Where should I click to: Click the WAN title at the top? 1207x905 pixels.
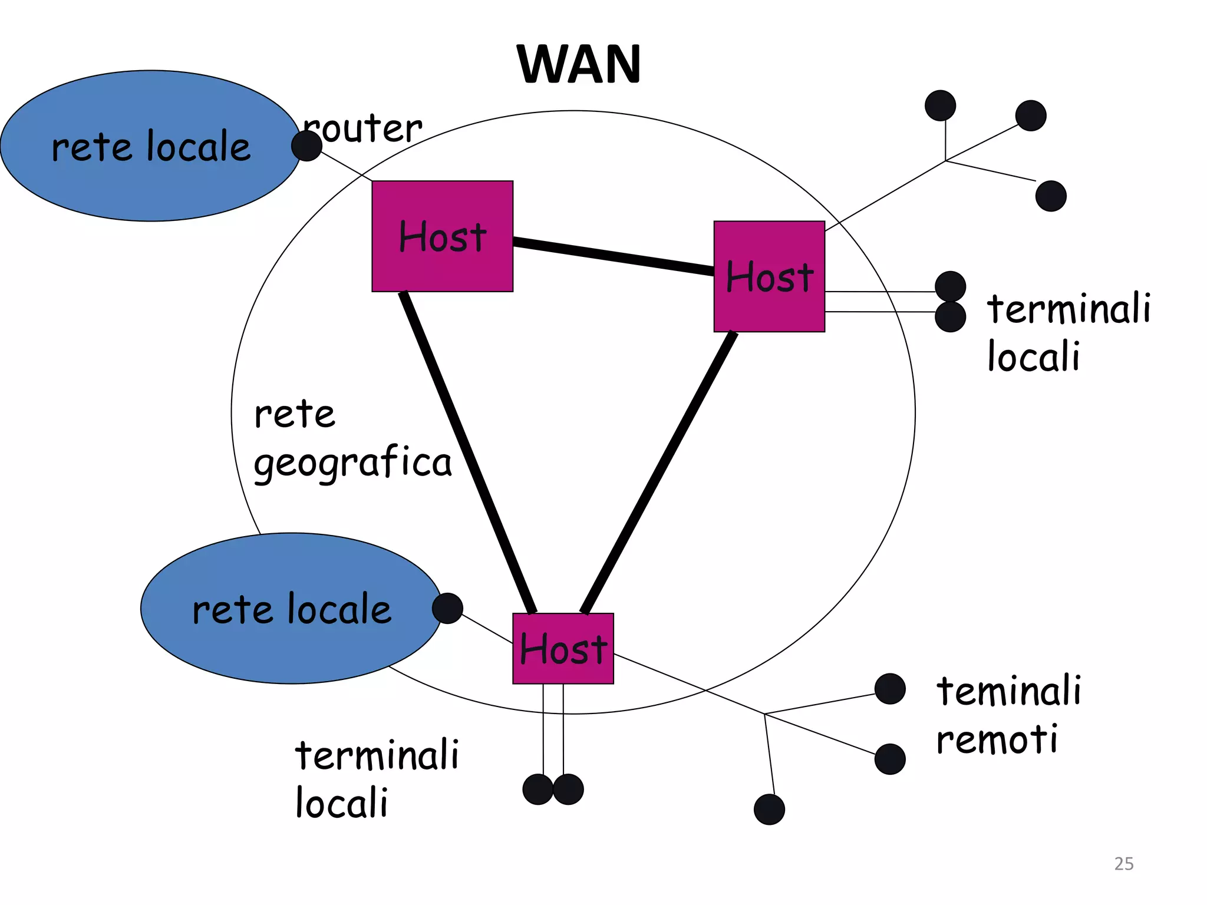point(579,64)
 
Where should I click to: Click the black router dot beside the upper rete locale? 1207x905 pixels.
point(306,146)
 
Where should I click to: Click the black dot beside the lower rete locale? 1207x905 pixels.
point(447,608)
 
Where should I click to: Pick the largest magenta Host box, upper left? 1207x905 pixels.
point(442,236)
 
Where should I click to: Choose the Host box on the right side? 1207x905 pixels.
point(769,276)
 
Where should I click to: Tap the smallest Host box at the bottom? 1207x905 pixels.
point(563,649)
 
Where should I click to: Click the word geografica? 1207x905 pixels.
point(352,463)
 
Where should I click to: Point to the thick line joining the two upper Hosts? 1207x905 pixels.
point(613,256)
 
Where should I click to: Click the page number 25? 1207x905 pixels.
point(1123,863)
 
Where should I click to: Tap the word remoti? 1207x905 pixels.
point(997,739)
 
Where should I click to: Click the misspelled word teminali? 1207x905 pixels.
point(1008,691)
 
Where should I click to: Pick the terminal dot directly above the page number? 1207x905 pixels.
point(890,759)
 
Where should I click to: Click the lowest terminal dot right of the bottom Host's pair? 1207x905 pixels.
point(769,810)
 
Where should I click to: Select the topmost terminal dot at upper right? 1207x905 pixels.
point(940,105)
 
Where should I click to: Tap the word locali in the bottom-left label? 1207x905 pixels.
point(341,803)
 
